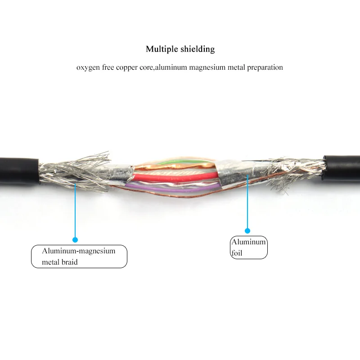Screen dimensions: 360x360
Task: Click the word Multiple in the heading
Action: click(160, 49)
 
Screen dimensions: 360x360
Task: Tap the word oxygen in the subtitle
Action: click(87, 67)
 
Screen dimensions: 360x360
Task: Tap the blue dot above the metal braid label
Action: click(75, 240)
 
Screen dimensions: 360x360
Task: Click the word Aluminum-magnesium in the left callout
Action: click(79, 251)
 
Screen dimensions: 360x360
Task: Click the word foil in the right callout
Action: click(237, 253)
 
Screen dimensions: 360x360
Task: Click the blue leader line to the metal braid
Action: click(75, 211)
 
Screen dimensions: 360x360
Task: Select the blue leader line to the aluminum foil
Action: click(247, 202)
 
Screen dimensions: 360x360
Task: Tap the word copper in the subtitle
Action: click(126, 67)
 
